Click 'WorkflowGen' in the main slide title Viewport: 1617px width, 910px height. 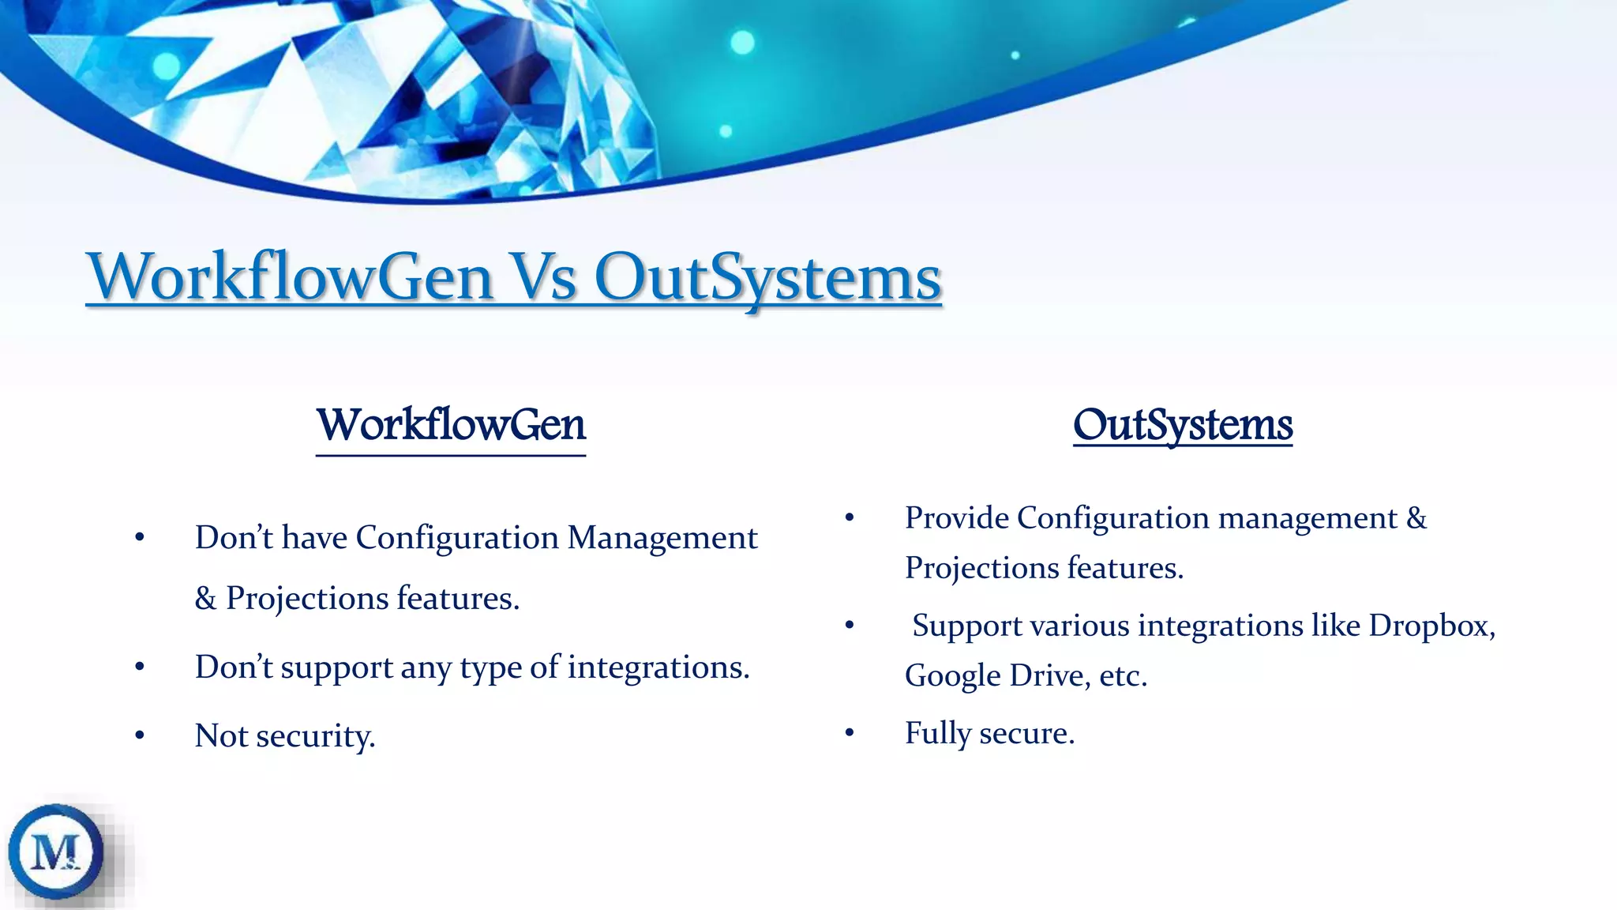(x=290, y=278)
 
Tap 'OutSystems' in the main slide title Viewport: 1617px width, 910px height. (x=767, y=278)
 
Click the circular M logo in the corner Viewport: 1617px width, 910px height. (x=56, y=852)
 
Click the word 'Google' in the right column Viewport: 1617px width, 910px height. (x=952, y=676)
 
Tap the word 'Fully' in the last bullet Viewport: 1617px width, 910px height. (x=937, y=734)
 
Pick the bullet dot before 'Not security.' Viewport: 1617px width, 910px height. (x=140, y=736)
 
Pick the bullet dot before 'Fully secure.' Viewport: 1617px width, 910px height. (x=850, y=733)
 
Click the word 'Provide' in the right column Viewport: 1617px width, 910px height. (x=956, y=518)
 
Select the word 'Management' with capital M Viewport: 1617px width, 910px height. (x=662, y=538)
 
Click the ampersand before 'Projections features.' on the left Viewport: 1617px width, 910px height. (x=205, y=599)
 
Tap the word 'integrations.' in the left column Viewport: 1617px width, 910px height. (x=658, y=667)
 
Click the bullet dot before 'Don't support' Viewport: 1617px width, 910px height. (x=140, y=667)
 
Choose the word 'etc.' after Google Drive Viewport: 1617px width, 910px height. (x=1122, y=676)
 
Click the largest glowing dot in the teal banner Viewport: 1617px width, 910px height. (x=742, y=42)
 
